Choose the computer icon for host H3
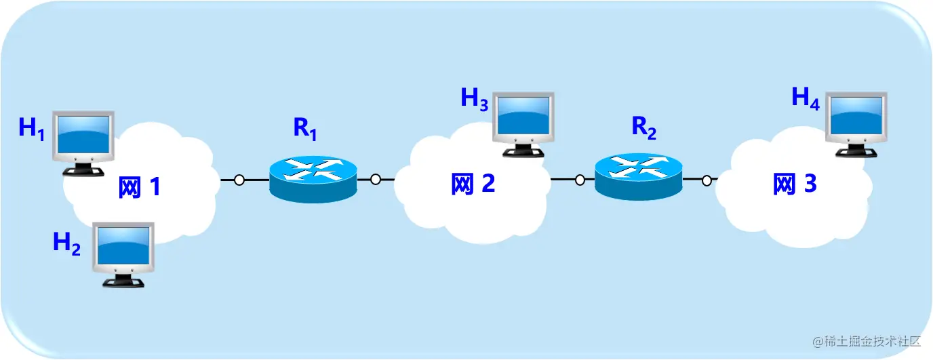coord(523,121)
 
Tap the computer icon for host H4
coord(856,121)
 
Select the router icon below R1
coord(313,178)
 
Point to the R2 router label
coord(644,127)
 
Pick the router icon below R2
coord(639,177)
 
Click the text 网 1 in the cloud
coord(140,186)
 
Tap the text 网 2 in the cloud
coord(473,184)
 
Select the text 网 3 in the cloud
coord(795,184)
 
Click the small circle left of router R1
coord(239,180)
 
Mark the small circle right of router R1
coord(376,180)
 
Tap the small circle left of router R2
coord(580,180)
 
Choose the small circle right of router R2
coord(707,180)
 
